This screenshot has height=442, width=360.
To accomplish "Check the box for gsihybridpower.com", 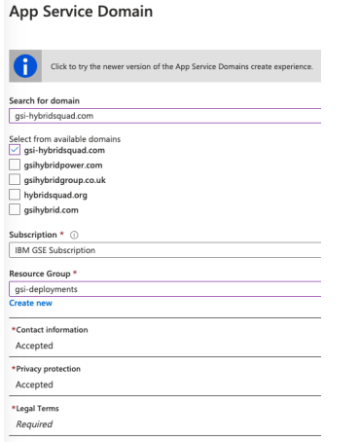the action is point(14,164).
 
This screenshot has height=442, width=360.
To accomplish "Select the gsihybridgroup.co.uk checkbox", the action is point(14,179).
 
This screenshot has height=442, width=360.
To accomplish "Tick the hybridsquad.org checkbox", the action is point(14,194).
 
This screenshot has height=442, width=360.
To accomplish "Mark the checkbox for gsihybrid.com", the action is point(14,208).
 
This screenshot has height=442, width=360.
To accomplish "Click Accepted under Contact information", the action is point(34,346).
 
